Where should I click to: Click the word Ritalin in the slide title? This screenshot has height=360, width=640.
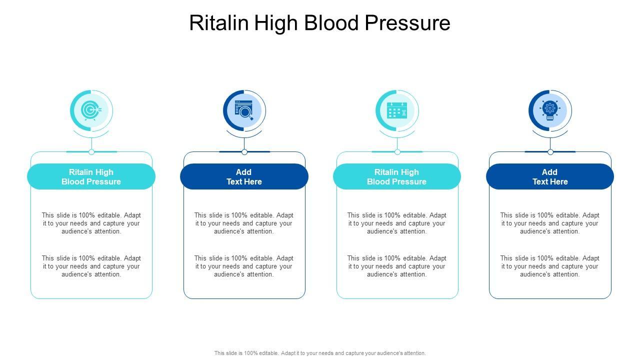pyautogui.click(x=218, y=23)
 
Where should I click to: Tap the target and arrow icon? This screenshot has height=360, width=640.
pyautogui.click(x=91, y=110)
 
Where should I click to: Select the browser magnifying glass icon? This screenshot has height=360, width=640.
pyautogui.click(x=244, y=110)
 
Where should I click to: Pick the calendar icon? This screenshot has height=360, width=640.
pyautogui.click(x=397, y=110)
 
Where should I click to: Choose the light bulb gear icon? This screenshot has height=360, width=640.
pyautogui.click(x=550, y=110)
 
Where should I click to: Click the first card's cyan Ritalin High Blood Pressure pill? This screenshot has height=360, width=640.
pyautogui.click(x=91, y=176)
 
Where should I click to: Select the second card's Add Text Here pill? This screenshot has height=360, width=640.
pyautogui.click(x=244, y=176)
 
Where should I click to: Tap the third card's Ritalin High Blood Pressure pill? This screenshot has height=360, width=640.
pyautogui.click(x=397, y=176)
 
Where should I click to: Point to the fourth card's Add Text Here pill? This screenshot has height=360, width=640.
pyautogui.click(x=550, y=176)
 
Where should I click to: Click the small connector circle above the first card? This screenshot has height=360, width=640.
pyautogui.click(x=91, y=152)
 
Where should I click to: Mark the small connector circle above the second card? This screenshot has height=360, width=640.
pyautogui.click(x=244, y=152)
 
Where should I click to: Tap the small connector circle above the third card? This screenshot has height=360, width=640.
pyautogui.click(x=397, y=152)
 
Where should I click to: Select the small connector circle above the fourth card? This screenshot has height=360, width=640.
pyautogui.click(x=550, y=152)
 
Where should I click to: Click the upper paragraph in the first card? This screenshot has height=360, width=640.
pyautogui.click(x=91, y=223)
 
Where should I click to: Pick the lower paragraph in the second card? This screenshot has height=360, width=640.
pyautogui.click(x=244, y=266)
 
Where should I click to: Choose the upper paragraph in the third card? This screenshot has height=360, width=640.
pyautogui.click(x=397, y=223)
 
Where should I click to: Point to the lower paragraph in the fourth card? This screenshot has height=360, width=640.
pyautogui.click(x=550, y=266)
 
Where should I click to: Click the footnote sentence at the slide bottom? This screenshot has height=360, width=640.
pyautogui.click(x=320, y=353)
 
